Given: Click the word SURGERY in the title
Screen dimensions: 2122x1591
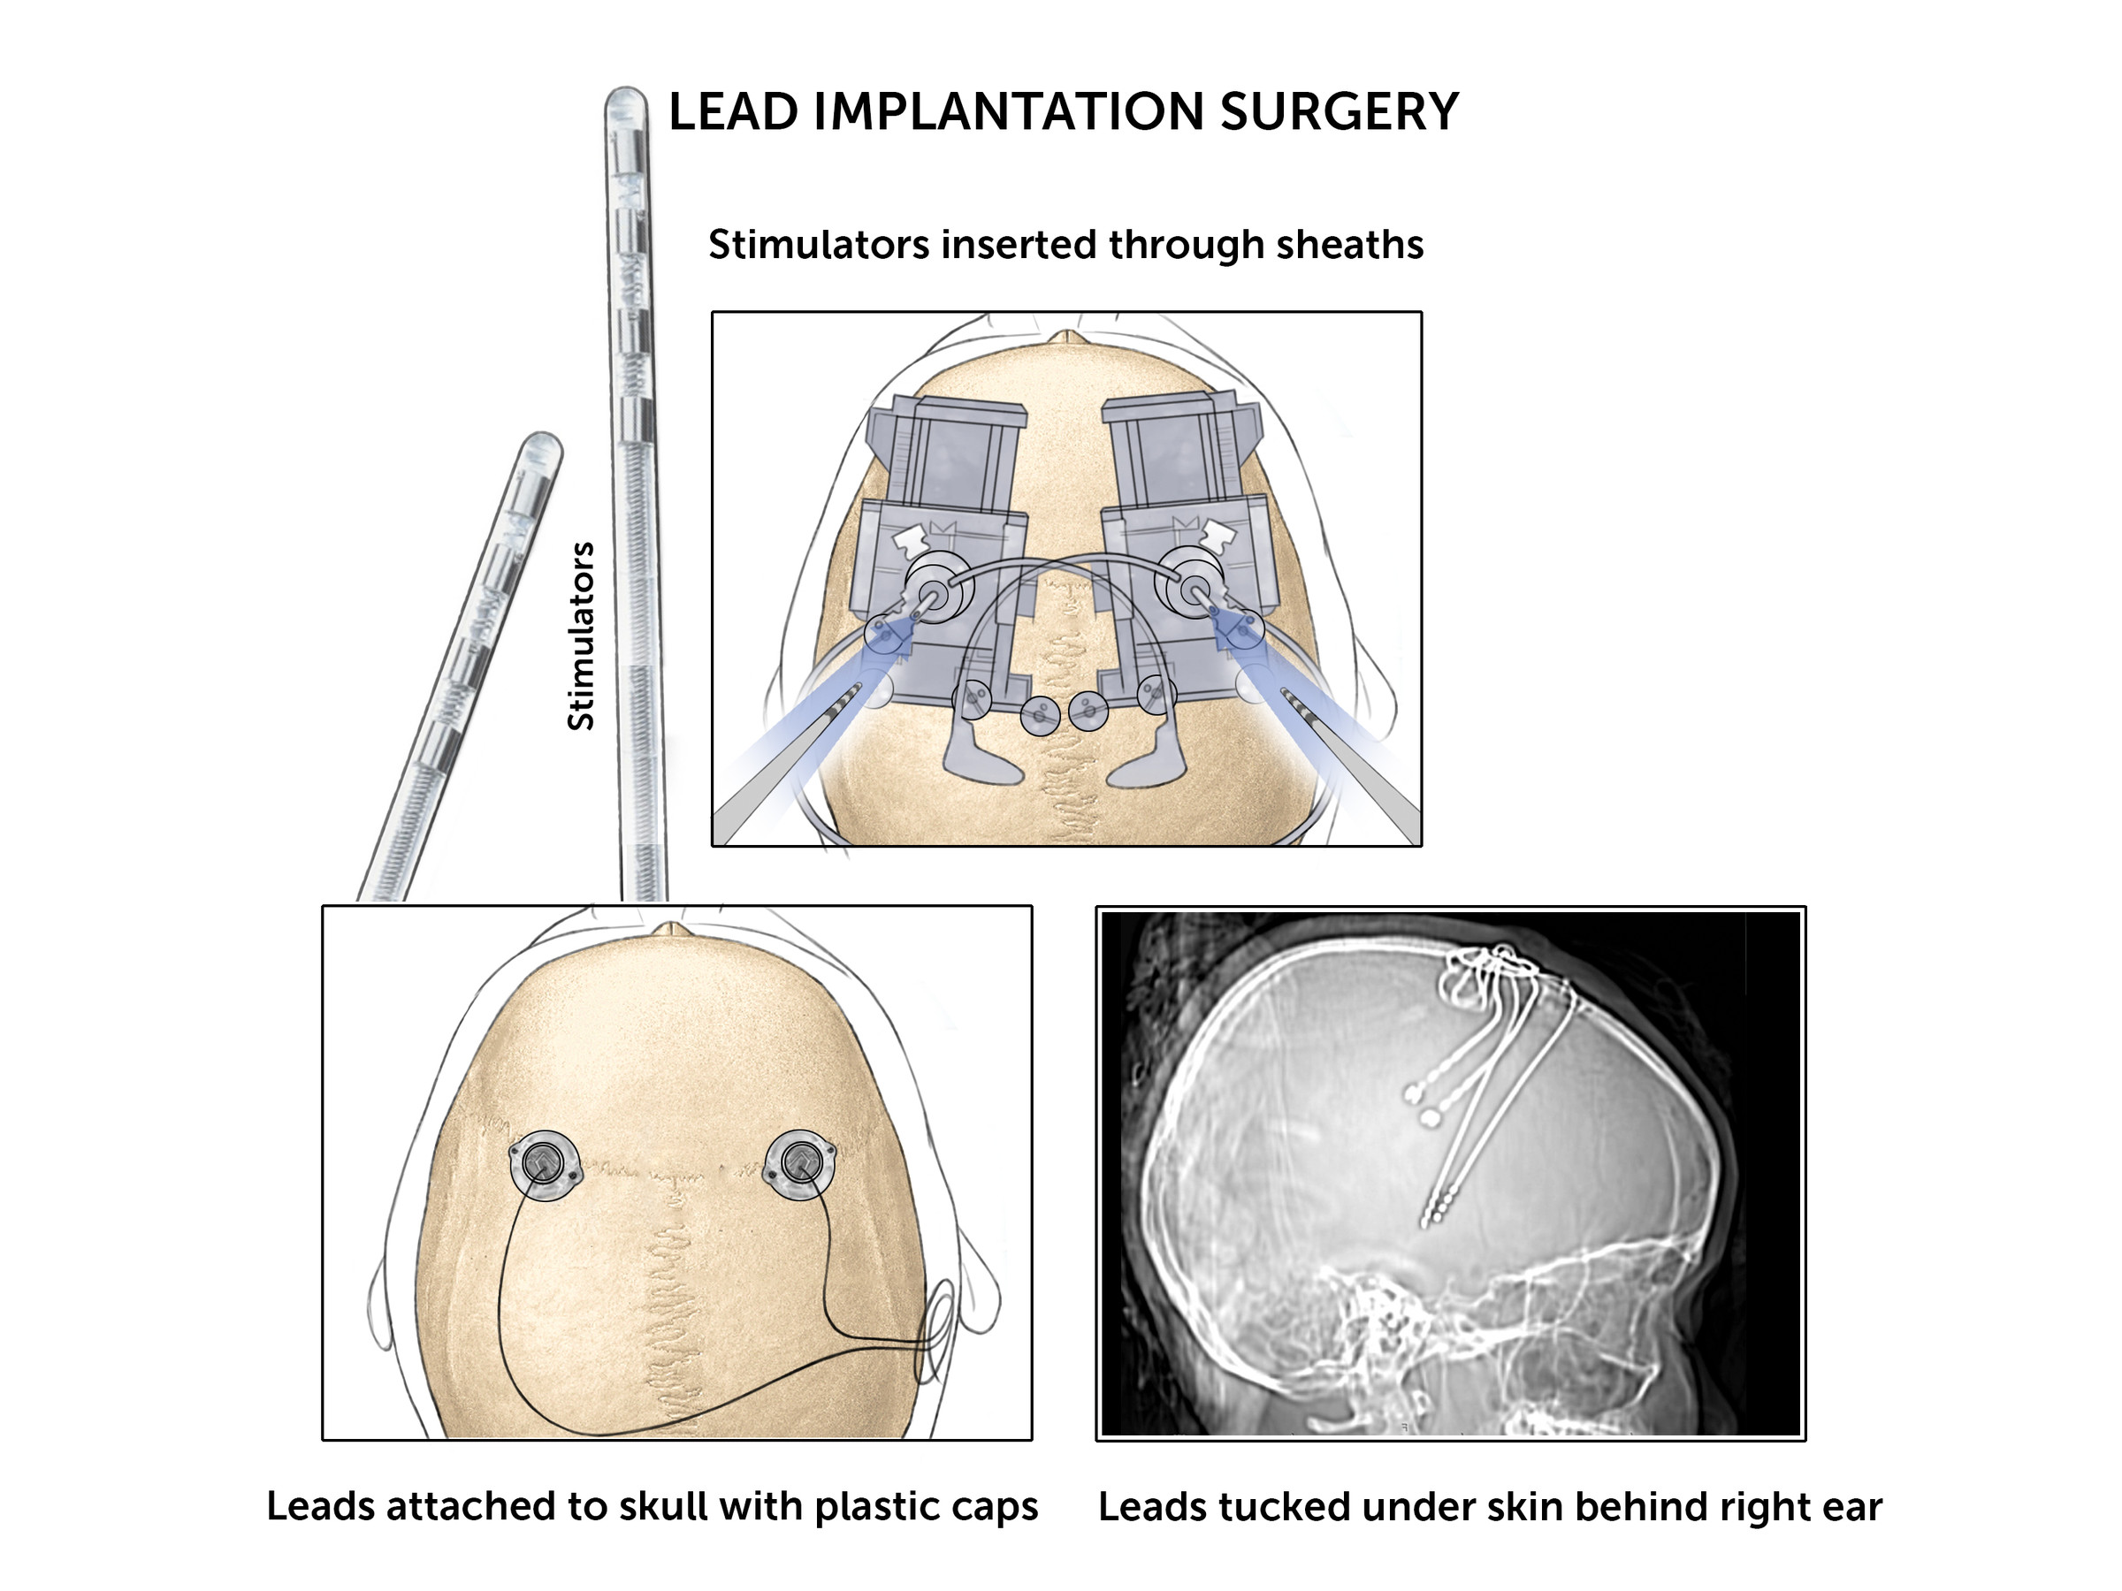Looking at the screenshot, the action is point(1340,111).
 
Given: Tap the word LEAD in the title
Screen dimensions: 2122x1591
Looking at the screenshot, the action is point(733,111).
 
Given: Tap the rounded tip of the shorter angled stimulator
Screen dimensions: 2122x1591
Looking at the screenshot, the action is point(543,442).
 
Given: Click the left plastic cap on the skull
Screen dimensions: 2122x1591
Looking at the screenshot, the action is point(545,1164).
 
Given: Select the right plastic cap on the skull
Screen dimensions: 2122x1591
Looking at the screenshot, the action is point(800,1163).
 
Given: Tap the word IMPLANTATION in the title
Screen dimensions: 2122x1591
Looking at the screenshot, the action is point(1008,111).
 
